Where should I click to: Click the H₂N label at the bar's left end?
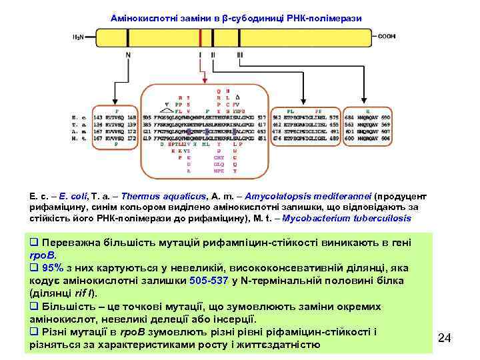[77, 37]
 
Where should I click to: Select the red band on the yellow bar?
[200, 37]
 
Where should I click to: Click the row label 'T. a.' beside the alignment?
[77, 124]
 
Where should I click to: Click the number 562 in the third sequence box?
[277, 117]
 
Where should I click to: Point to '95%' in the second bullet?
[52, 268]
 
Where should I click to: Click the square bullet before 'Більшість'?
[35, 307]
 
